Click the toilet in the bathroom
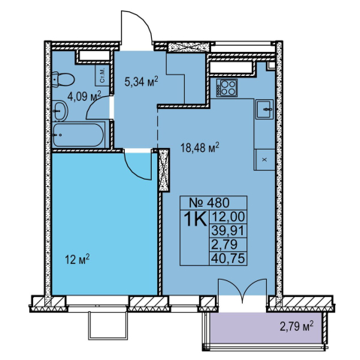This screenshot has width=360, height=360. coord(63,79)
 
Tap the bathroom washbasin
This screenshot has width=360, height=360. coord(60,111)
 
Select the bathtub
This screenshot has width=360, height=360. coord(79,135)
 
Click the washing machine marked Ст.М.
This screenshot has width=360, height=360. coord(102,75)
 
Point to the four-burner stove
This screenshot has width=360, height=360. coord(227,88)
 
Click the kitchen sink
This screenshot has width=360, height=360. coord(265,109)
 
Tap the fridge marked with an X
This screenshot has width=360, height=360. coord(265,160)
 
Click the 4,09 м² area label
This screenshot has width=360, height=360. coord(84,96)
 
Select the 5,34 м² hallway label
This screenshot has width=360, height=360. coord(141,81)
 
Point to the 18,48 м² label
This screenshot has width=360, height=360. coord(200,147)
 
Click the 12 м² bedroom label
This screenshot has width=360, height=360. coord(77,259)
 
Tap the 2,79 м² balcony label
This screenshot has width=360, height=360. coord(297,326)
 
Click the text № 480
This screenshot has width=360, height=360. coord(209,202)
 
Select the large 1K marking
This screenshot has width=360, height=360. coord(195,219)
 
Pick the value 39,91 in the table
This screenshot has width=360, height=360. coord(228,231)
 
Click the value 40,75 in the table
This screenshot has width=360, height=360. coord(228,259)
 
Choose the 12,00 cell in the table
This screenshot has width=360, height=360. coord(228,216)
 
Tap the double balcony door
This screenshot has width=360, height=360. coord(242,287)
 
